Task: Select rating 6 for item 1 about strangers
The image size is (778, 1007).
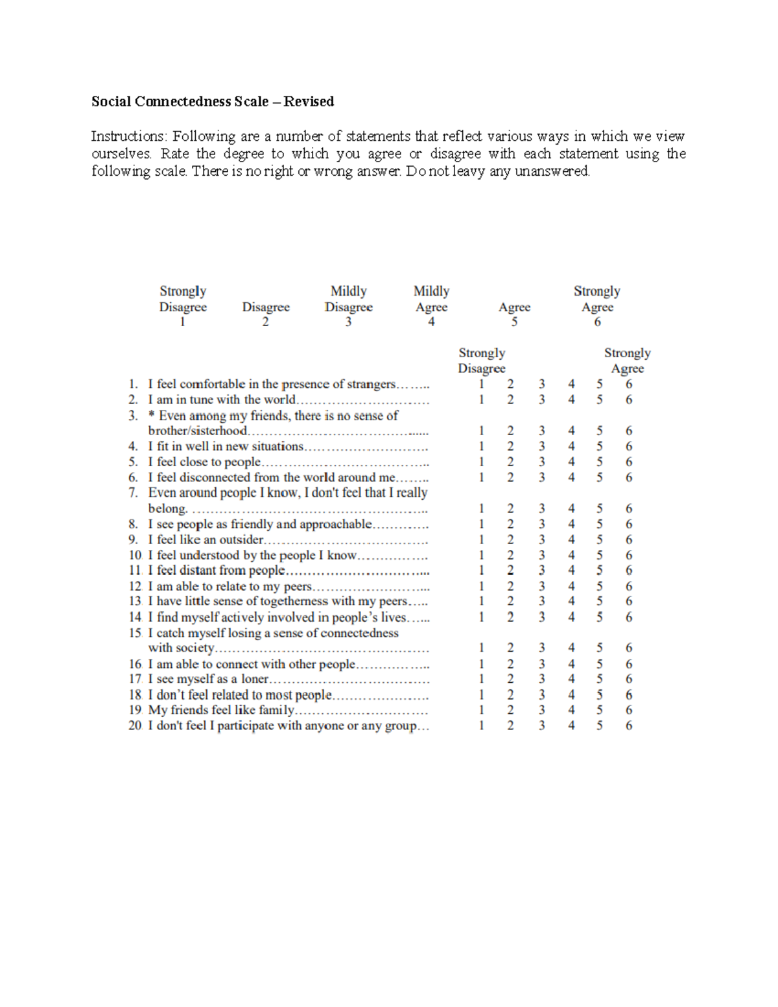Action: (x=629, y=384)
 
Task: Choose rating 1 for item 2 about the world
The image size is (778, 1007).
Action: (x=481, y=399)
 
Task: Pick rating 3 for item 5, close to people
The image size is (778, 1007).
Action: (x=541, y=462)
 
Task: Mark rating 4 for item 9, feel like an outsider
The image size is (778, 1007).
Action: (x=571, y=539)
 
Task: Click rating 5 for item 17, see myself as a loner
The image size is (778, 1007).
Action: (x=600, y=679)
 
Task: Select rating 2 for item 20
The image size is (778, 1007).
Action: (x=510, y=726)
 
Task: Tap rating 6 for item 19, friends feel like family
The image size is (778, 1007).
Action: (x=629, y=710)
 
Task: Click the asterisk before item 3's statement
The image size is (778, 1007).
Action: (x=152, y=416)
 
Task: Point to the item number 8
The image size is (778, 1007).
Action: (x=133, y=524)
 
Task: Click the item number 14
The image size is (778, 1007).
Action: (x=134, y=617)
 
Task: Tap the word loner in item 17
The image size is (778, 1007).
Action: (x=255, y=679)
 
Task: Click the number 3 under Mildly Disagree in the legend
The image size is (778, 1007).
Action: (x=348, y=322)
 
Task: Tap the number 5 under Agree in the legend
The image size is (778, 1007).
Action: (x=514, y=322)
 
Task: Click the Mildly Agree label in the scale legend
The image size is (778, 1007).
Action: (x=431, y=299)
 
